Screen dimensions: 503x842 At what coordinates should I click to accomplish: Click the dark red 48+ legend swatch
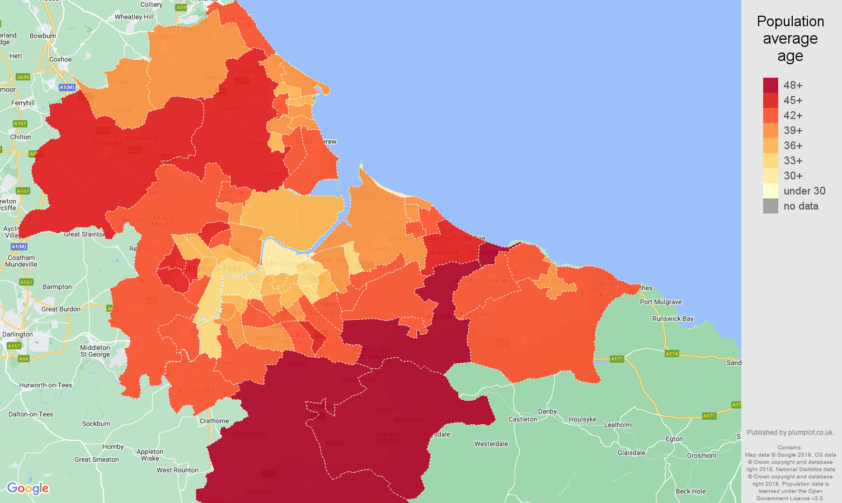[770, 85]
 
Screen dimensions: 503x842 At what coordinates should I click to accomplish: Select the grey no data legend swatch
[770, 206]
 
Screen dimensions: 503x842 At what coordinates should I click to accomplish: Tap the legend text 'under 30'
[804, 191]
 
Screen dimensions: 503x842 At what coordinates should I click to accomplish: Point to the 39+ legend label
[793, 130]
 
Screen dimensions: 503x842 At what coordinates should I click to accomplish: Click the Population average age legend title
[790, 39]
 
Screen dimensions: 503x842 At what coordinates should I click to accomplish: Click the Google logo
[28, 488]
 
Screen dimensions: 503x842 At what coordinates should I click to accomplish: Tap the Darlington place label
[17, 334]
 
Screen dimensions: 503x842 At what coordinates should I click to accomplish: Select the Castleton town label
[523, 419]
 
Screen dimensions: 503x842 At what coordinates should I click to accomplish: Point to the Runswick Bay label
[672, 319]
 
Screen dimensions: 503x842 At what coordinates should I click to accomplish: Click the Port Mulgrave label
[661, 302]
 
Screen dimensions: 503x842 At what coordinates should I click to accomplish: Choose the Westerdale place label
[491, 444]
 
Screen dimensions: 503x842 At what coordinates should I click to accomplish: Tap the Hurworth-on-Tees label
[45, 385]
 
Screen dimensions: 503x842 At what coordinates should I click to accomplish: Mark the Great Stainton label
[84, 234]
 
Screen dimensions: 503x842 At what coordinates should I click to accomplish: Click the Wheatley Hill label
[134, 17]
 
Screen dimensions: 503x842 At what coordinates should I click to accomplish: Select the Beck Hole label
[690, 491]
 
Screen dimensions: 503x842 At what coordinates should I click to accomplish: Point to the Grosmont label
[702, 455]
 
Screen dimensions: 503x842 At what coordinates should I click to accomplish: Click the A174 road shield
[671, 353]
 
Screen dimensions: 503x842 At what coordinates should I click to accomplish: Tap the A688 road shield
[23, 77]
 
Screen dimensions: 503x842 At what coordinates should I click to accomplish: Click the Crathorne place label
[214, 421]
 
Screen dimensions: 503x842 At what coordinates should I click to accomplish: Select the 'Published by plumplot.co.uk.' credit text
[790, 432]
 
